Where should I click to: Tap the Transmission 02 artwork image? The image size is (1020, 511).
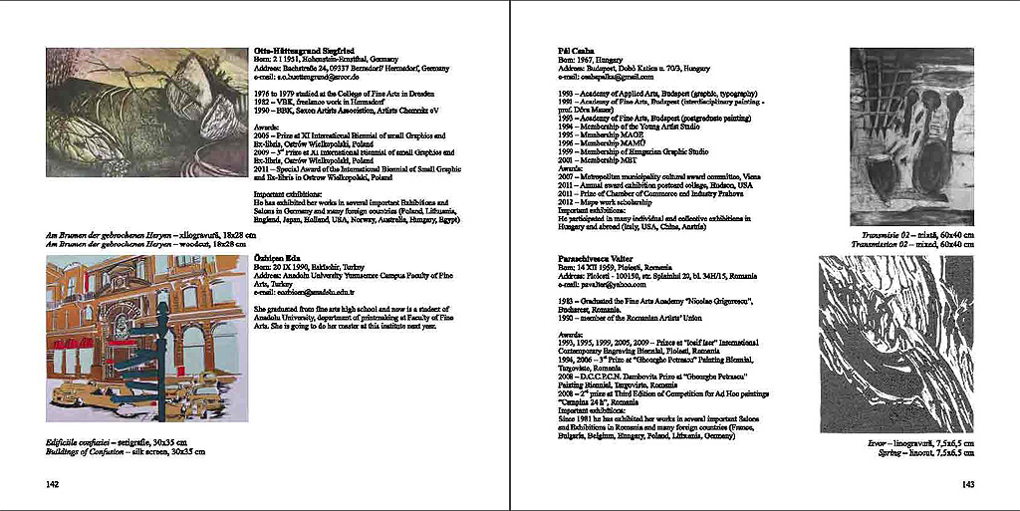pyautogui.click(x=911, y=136)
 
